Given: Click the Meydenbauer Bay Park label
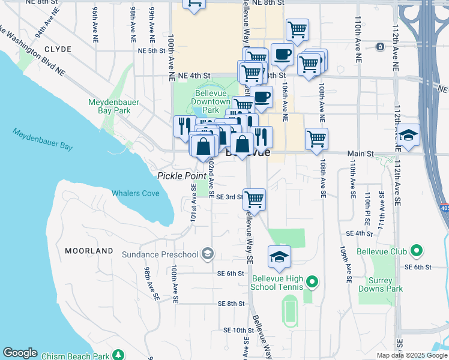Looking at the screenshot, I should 113,106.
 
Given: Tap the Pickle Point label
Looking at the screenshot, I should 181,175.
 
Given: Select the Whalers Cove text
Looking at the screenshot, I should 136,193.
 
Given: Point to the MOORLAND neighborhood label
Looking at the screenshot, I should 89,250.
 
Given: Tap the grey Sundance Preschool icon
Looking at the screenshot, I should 207,254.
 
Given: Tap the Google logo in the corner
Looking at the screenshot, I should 20,353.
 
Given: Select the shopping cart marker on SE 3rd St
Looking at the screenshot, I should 255,199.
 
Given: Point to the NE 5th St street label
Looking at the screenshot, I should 151,50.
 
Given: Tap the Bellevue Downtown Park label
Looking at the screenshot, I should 210,102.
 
